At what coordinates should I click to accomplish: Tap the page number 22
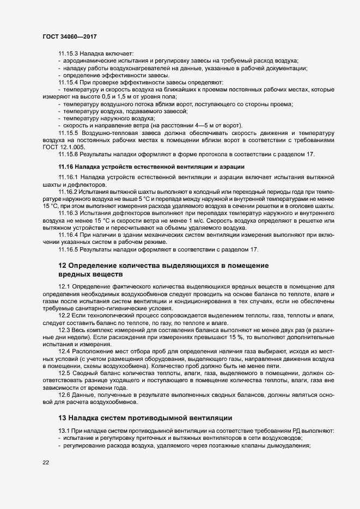(45, 463)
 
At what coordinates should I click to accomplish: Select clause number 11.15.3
(69, 53)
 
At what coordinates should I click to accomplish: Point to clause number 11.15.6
(69, 155)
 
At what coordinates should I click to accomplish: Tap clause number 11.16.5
(69, 250)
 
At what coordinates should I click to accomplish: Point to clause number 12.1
(64, 287)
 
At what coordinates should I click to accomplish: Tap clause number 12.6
(64, 395)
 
